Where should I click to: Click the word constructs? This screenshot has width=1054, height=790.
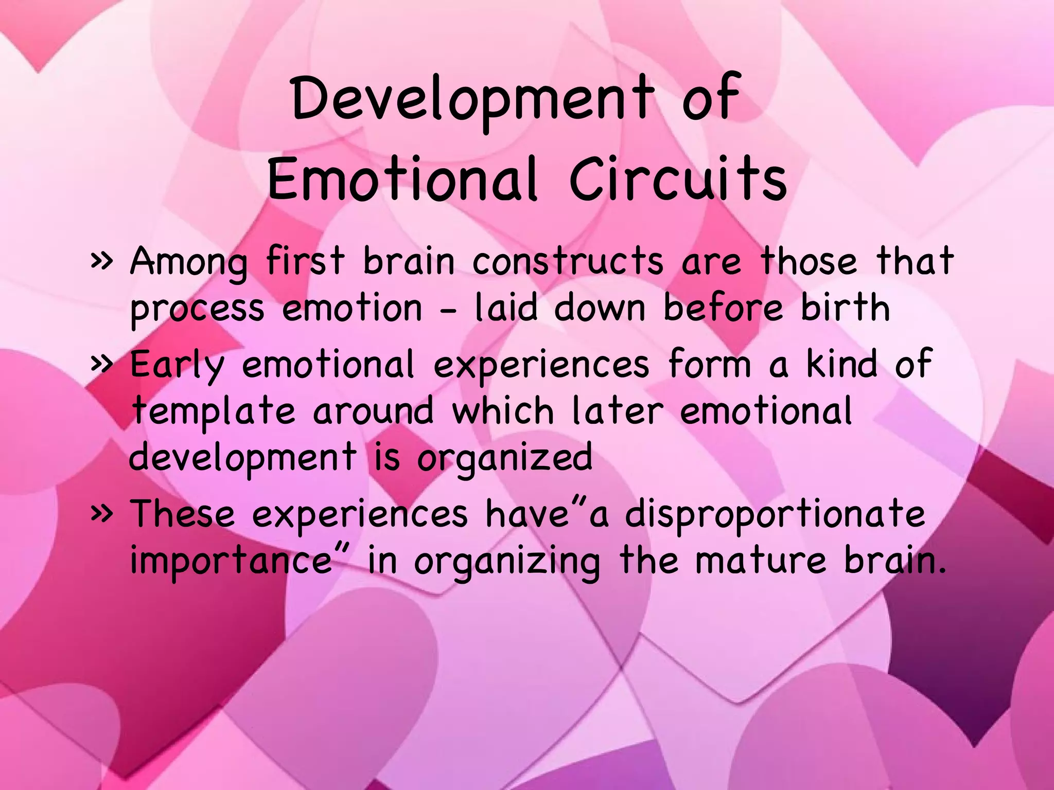tap(568, 261)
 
